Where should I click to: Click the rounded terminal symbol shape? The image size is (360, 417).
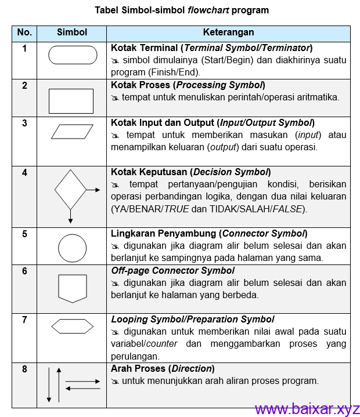click(x=73, y=55)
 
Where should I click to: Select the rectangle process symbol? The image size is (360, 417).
click(x=71, y=101)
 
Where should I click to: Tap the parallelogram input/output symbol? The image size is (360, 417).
click(x=72, y=132)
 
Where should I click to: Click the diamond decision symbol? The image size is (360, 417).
click(x=70, y=190)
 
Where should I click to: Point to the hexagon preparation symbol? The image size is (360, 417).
click(x=72, y=327)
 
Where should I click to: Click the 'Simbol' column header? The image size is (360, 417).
click(x=72, y=32)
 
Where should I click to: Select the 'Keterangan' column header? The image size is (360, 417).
click(x=228, y=32)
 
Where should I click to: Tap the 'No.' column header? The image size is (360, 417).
click(x=24, y=32)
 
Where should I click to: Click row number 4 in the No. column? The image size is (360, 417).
click(x=24, y=172)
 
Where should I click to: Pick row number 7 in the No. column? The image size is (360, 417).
click(x=24, y=320)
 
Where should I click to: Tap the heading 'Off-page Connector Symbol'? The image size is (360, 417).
click(x=173, y=271)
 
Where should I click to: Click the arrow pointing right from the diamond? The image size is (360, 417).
click(x=93, y=190)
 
